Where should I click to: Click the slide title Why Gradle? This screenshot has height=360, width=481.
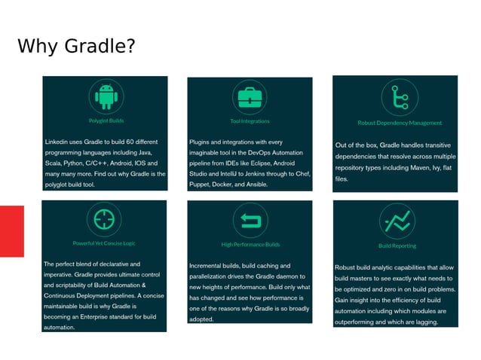tap(76, 47)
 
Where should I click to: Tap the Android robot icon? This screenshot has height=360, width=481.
tap(106, 96)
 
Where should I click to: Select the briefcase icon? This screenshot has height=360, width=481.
tap(249, 97)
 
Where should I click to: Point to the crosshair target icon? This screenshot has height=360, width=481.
tap(104, 219)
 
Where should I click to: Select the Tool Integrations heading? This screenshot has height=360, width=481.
tap(250, 121)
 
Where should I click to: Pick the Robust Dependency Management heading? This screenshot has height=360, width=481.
tap(400, 123)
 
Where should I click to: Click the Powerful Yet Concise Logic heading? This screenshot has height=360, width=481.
tap(104, 243)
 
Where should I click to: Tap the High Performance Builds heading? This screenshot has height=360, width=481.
tap(250, 245)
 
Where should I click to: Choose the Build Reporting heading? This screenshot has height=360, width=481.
tap(397, 246)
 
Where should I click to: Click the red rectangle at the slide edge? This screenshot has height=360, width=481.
tap(11, 231)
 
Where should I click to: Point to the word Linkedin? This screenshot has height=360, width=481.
tap(57, 142)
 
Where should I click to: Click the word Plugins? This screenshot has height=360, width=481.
tap(201, 142)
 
